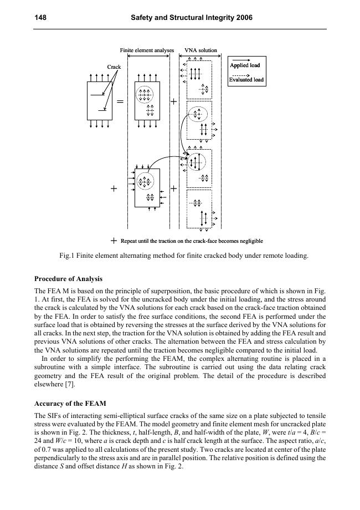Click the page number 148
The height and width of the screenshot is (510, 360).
(40, 18)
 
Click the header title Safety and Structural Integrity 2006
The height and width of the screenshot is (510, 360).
(192, 18)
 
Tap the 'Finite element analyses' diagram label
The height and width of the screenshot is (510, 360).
(147, 50)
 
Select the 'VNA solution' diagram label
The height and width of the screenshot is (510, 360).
(200, 50)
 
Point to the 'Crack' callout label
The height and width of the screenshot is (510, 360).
(114, 67)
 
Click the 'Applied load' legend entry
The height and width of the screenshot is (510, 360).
(245, 65)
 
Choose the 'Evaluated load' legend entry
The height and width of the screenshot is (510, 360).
(246, 80)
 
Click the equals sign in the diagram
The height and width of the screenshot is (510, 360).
(120, 102)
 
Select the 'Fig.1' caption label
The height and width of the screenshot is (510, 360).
(66, 256)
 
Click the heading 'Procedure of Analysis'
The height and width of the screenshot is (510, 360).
(68, 278)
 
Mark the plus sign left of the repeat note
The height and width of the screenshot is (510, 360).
(114, 241)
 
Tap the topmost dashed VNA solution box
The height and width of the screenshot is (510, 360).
(199, 79)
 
